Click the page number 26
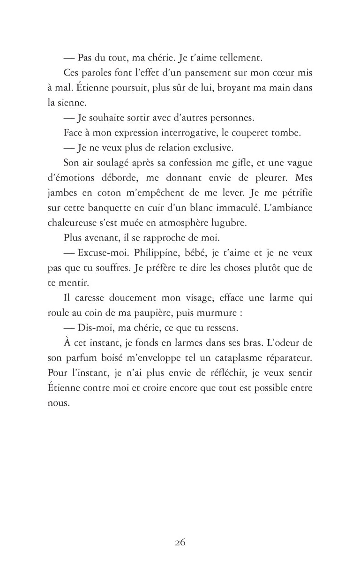[x=180, y=542]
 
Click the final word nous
[x=58, y=403]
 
